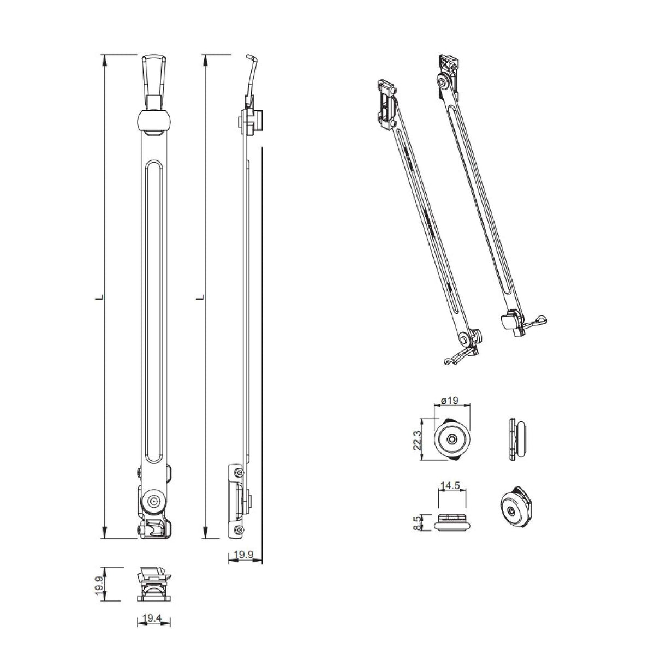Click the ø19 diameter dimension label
click(x=449, y=401)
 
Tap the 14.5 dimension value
click(x=450, y=486)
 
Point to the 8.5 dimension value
click(x=416, y=522)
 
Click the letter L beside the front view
click(x=99, y=297)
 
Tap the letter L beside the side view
click(x=200, y=297)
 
